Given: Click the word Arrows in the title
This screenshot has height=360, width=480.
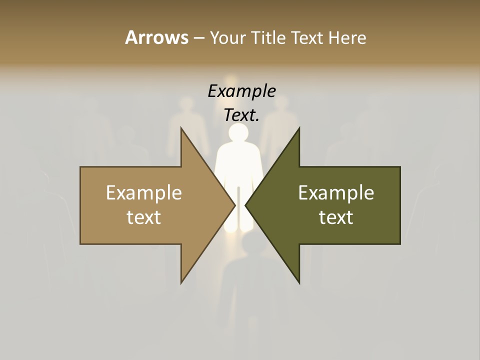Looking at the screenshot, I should [x=156, y=37].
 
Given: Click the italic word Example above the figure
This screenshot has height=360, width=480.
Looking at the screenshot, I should [x=241, y=91].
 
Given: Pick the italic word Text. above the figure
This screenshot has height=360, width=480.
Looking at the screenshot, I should [x=241, y=115].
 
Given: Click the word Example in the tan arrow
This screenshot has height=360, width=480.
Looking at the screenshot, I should [x=144, y=193].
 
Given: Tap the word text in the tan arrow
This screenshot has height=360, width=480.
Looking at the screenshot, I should [x=144, y=217].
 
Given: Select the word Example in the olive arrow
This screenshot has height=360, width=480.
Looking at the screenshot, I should [x=336, y=193].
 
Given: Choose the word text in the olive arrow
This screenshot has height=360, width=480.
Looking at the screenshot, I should [x=336, y=217].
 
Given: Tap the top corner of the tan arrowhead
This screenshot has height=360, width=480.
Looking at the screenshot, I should [x=181, y=129].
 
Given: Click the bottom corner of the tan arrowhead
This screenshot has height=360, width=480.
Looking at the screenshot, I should [x=181, y=282].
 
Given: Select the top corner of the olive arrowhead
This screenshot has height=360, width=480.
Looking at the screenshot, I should [x=299, y=129].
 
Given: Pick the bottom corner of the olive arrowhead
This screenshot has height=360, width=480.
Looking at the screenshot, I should [x=299, y=282].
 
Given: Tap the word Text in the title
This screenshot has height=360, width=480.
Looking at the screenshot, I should [x=307, y=37].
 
